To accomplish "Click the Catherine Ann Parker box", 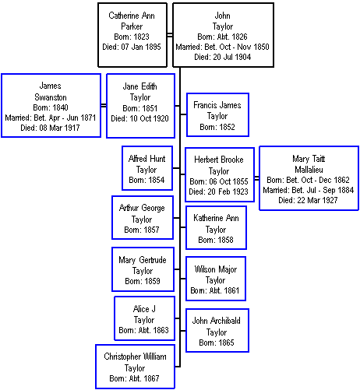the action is coord(132,35).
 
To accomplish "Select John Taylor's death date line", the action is coord(223,57).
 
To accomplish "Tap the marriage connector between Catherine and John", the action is coord(170,35).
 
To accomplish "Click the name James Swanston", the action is coord(51,91).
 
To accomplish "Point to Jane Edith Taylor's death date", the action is coord(139,118).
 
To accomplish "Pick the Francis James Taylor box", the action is coord(217,114).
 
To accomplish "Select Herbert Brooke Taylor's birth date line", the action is coord(219,181).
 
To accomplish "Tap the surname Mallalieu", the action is coord(309,170).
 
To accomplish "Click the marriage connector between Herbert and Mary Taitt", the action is coord(256,178).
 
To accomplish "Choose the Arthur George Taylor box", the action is coord(143,217).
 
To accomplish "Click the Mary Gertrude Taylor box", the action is coord(143,269).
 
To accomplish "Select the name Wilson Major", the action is coord(216,269).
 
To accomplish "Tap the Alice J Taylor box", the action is coord(144,318).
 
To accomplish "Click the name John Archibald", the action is coord(217,321).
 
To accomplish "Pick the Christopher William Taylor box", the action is coord(135,367).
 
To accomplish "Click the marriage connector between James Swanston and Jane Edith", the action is coord(104,105).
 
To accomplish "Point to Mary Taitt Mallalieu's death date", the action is coord(308,200).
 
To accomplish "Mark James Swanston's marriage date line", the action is coord(51,118).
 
